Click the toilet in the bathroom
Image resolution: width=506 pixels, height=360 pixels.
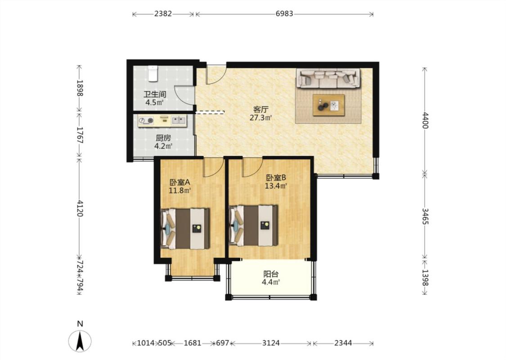(153, 73)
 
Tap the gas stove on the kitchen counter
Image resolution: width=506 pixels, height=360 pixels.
(146, 121)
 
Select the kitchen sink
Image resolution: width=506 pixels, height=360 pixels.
(179, 121)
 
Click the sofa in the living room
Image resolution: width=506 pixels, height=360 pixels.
(328, 78)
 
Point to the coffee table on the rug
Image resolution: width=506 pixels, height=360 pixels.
(328, 105)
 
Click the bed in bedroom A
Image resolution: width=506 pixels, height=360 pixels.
(185, 229)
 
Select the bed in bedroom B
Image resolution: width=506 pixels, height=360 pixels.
(253, 225)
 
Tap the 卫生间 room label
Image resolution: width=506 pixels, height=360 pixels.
(155, 94)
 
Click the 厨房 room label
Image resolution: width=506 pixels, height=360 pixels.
(163, 138)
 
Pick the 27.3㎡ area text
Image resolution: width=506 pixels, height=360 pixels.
(260, 117)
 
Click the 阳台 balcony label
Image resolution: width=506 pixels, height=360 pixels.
(271, 274)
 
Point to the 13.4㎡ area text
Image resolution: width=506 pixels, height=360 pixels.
(276, 186)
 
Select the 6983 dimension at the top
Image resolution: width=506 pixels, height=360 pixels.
(284, 13)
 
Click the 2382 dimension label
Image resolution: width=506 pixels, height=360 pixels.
(163, 13)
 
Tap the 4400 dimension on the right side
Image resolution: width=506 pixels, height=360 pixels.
(425, 121)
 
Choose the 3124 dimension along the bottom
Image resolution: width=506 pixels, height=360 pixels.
(271, 343)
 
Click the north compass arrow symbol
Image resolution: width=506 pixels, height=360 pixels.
(80, 341)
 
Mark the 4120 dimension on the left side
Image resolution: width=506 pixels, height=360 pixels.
(80, 208)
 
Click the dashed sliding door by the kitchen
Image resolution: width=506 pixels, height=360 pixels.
(210, 112)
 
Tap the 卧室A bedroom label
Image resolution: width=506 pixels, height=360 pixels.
(180, 182)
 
